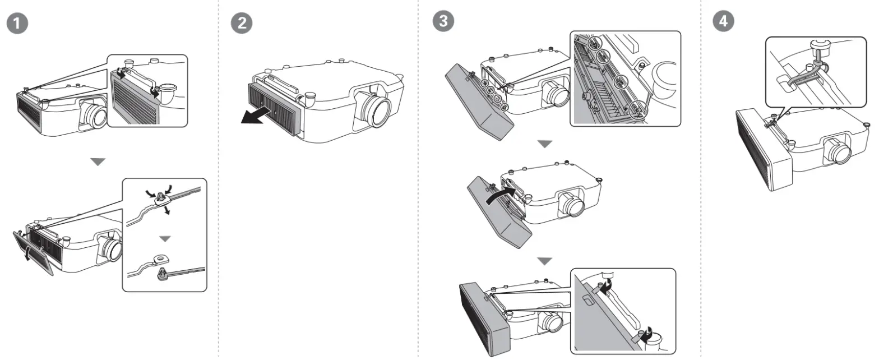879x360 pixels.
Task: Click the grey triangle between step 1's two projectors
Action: pos(98,162)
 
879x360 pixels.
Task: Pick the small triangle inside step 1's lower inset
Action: pos(164,239)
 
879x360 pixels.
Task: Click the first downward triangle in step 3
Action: pos(545,145)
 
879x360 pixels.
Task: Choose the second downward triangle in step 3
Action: pos(545,261)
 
